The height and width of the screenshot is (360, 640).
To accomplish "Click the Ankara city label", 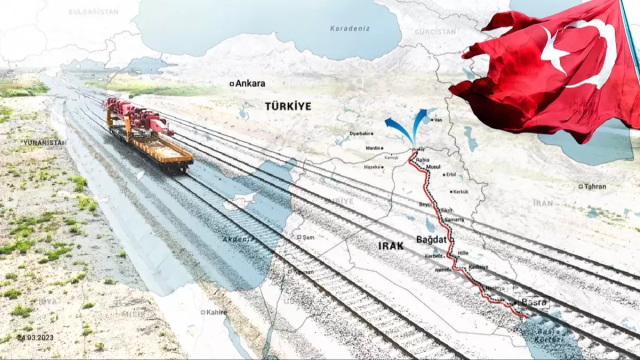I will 250,83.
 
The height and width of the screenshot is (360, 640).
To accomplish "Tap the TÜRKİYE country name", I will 288,106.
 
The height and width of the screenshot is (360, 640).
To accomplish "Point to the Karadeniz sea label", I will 350,28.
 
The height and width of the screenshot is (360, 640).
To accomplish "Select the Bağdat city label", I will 431,239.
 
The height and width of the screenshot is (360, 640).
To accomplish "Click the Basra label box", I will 534,302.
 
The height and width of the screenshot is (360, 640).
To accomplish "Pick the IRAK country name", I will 390,245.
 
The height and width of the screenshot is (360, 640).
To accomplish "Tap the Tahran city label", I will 594,186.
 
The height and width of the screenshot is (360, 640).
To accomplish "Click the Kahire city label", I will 216,312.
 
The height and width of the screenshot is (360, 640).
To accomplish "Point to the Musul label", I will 432,166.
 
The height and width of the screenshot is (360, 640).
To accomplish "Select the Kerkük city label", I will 460,191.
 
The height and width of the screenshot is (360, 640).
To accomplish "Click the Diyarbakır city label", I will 362,133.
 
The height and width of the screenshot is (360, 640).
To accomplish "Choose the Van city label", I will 438,120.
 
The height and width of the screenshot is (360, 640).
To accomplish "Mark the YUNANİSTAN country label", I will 44,142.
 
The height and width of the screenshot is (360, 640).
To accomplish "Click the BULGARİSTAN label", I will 93,11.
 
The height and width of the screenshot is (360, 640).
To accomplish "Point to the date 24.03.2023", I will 35,337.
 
